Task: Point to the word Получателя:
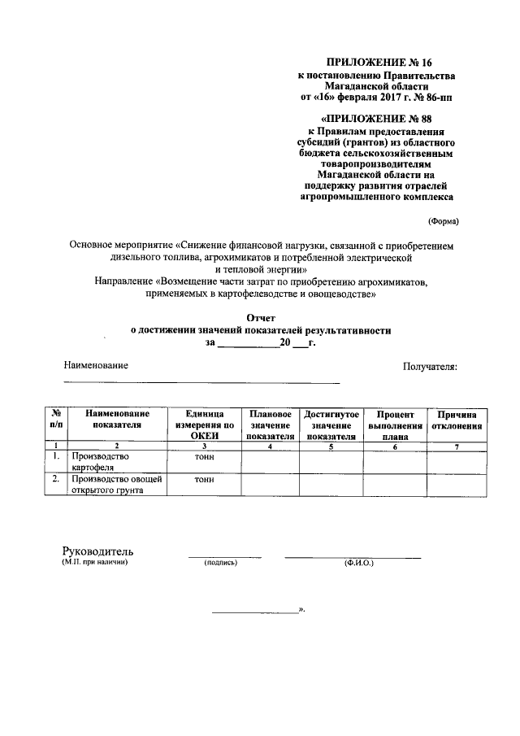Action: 430,366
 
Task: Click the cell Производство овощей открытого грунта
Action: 116,485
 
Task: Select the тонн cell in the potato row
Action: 204,457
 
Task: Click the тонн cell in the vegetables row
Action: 204,480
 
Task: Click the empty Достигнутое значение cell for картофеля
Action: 331,462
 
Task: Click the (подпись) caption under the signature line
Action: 220,562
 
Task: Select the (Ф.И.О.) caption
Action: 357,562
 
